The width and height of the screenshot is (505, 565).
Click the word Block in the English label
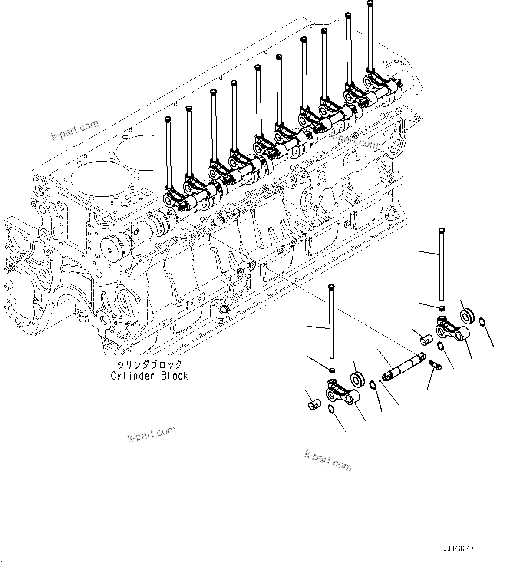[x=175, y=376]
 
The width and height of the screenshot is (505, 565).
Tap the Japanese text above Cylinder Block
[x=149, y=364]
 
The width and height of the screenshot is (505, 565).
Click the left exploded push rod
[x=332, y=321]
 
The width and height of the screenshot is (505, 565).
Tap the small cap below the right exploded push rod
[x=441, y=308]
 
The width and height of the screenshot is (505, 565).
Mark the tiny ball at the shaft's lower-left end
[x=380, y=381]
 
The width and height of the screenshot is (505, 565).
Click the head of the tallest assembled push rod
[x=370, y=3]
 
